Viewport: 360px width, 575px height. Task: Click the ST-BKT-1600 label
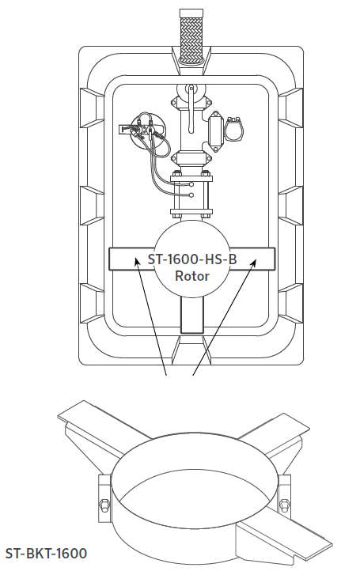coord(46,553)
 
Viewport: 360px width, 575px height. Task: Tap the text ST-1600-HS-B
coord(192,259)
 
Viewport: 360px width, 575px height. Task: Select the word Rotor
coord(192,276)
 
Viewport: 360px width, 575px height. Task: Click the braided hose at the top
coord(191,36)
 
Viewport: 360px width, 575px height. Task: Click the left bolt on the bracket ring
coord(104,505)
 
